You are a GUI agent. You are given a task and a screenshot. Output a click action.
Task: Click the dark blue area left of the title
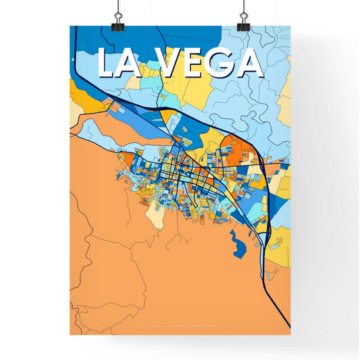[x=84, y=41]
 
